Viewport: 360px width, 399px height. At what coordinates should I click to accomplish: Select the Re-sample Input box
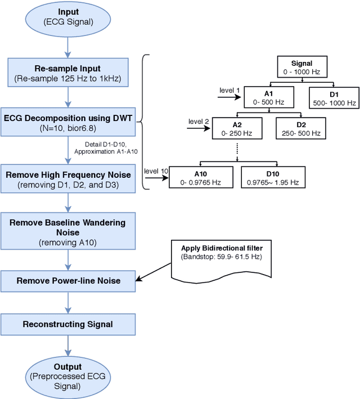point(67,74)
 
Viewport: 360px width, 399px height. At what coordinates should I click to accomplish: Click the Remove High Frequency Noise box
point(67,179)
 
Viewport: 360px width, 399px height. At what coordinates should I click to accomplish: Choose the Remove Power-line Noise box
point(67,280)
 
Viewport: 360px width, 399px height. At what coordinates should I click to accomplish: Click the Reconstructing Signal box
point(67,324)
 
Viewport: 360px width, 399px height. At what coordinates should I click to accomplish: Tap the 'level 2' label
point(199,121)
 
